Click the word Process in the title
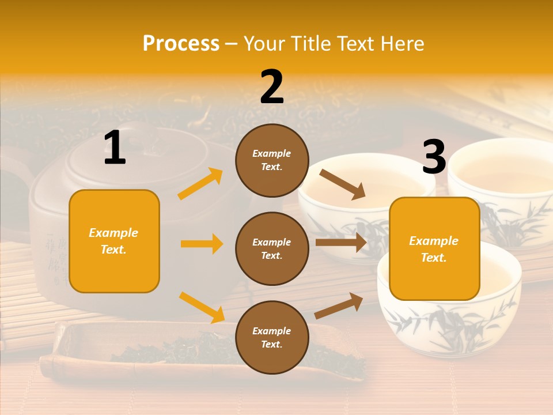pyautogui.click(x=181, y=44)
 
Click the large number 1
pyautogui.click(x=115, y=148)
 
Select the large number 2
pyautogui.click(x=272, y=87)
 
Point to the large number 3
pyautogui.click(x=434, y=157)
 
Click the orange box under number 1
pyautogui.click(x=114, y=241)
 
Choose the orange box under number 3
pyautogui.click(x=434, y=249)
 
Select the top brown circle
pyautogui.click(x=272, y=160)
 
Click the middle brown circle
pyautogui.click(x=272, y=248)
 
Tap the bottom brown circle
pyautogui.click(x=272, y=337)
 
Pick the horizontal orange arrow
pyautogui.click(x=202, y=244)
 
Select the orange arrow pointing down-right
pyautogui.click(x=202, y=307)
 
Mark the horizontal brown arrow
pyautogui.click(x=340, y=242)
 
